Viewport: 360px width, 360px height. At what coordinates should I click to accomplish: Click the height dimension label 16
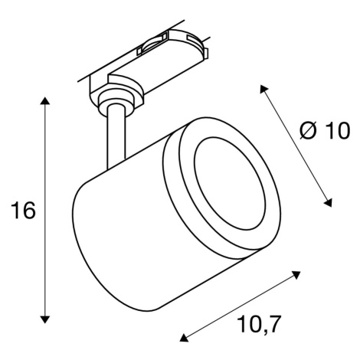coord(22,210)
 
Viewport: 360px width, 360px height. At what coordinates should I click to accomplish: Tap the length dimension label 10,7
coord(259,324)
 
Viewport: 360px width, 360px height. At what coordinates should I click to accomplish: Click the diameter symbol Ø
coord(308,130)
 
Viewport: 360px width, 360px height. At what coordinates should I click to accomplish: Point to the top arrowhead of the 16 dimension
coord(45,101)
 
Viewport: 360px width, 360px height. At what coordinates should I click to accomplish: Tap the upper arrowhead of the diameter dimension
coord(263,89)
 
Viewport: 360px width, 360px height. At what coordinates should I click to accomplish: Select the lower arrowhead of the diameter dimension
coord(328,203)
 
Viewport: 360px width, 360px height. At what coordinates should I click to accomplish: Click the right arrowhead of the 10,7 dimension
coord(296,275)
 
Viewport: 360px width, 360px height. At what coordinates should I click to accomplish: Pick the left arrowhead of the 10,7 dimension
coord(184,338)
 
